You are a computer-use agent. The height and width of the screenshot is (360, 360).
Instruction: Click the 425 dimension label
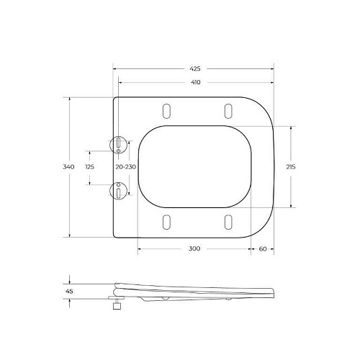click(x=195, y=68)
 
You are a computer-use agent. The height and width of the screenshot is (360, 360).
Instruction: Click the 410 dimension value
click(x=195, y=82)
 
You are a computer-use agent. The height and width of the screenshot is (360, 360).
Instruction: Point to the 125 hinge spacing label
click(x=90, y=166)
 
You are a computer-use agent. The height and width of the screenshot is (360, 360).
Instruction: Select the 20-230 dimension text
click(x=126, y=166)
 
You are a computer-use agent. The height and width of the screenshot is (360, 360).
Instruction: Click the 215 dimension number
click(x=291, y=166)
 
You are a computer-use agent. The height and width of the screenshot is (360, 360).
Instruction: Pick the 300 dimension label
click(x=194, y=248)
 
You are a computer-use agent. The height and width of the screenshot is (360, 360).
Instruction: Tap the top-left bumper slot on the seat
click(x=167, y=110)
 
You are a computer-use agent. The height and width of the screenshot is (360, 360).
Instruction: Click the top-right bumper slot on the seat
click(x=228, y=110)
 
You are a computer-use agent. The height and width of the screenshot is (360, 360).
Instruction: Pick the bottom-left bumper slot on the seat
click(x=167, y=222)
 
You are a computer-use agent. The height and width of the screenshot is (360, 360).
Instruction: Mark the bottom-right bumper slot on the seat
click(x=228, y=222)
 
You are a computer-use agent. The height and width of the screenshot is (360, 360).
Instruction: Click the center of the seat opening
click(x=196, y=166)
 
